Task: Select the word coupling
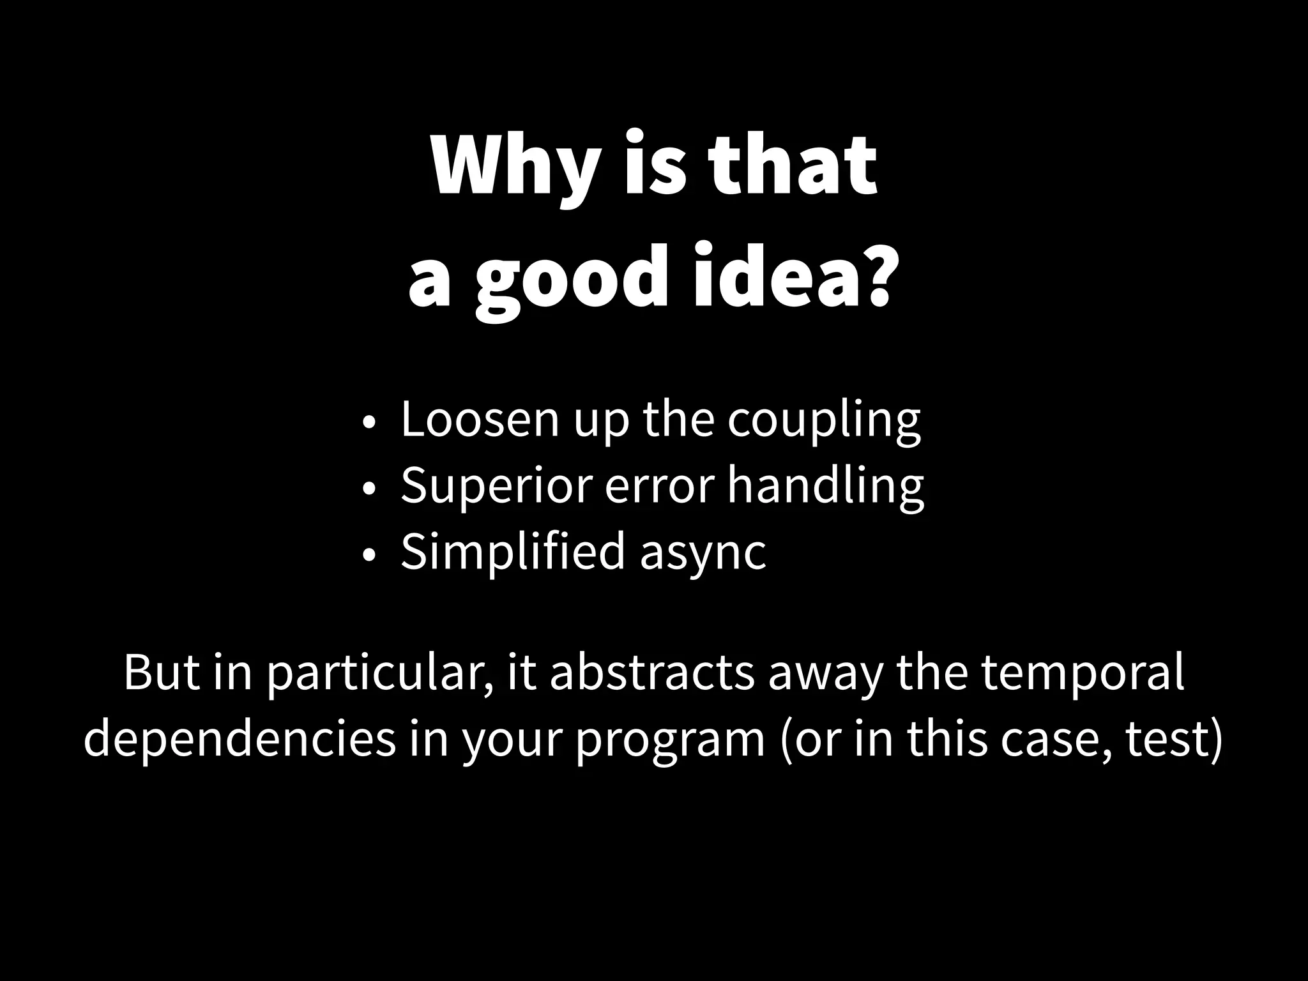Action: click(x=823, y=422)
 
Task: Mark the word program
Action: click(x=671, y=741)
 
